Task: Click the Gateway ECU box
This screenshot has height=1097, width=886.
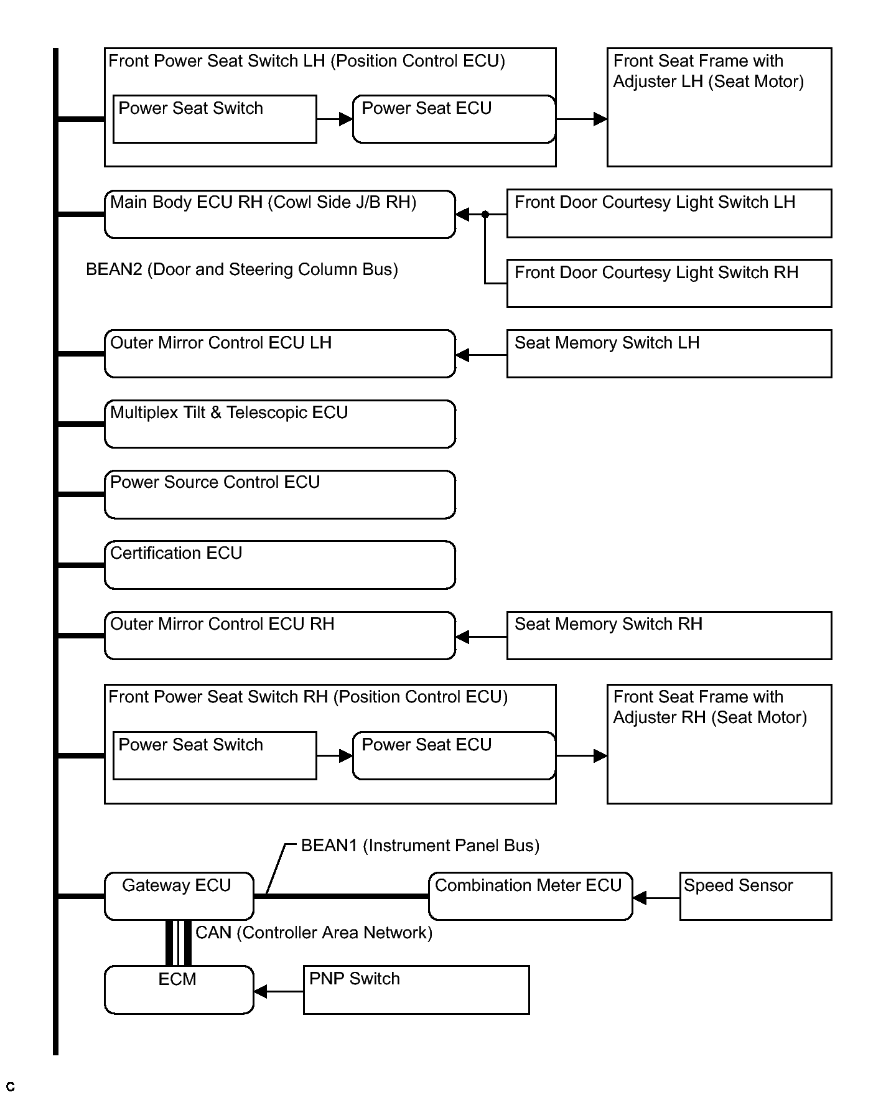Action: (x=179, y=896)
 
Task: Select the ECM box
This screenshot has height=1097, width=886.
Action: (x=179, y=990)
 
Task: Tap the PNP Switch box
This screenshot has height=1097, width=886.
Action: (x=416, y=990)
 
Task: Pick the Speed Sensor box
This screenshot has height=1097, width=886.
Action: (x=755, y=896)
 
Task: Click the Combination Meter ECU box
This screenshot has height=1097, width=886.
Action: (x=531, y=896)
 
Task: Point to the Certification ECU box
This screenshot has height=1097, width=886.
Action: (x=280, y=565)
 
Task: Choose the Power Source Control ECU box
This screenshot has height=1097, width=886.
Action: (x=280, y=495)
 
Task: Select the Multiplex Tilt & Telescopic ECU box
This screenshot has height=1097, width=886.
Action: (x=280, y=424)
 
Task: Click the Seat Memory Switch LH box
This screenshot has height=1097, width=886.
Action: (x=669, y=353)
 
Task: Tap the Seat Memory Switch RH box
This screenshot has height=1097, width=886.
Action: (x=669, y=635)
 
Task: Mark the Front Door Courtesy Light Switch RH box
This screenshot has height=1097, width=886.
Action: (x=669, y=283)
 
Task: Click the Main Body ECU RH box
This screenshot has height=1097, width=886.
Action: (x=280, y=214)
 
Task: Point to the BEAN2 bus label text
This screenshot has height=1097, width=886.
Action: (x=242, y=270)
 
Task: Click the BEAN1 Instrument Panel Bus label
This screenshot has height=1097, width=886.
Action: (x=420, y=846)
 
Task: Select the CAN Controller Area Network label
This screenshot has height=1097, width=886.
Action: (x=314, y=933)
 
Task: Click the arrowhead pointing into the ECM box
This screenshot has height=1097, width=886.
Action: (x=261, y=991)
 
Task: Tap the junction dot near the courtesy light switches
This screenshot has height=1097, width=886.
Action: (x=485, y=215)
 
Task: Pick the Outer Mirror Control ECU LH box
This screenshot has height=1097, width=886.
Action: (x=280, y=353)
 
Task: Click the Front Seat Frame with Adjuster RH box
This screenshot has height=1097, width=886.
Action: (x=719, y=744)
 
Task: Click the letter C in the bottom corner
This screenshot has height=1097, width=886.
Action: (x=10, y=1087)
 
